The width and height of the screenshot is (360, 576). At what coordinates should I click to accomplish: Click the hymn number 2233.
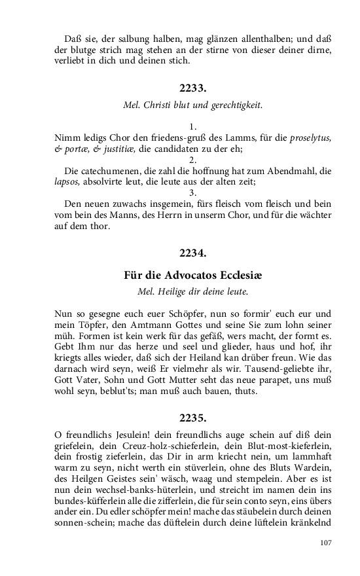(x=193, y=87)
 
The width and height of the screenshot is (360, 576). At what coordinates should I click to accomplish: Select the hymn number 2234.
(x=193, y=251)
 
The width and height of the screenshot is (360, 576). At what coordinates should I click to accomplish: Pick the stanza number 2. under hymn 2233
(x=193, y=159)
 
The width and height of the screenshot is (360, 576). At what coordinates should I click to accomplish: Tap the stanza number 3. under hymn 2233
(x=193, y=192)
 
